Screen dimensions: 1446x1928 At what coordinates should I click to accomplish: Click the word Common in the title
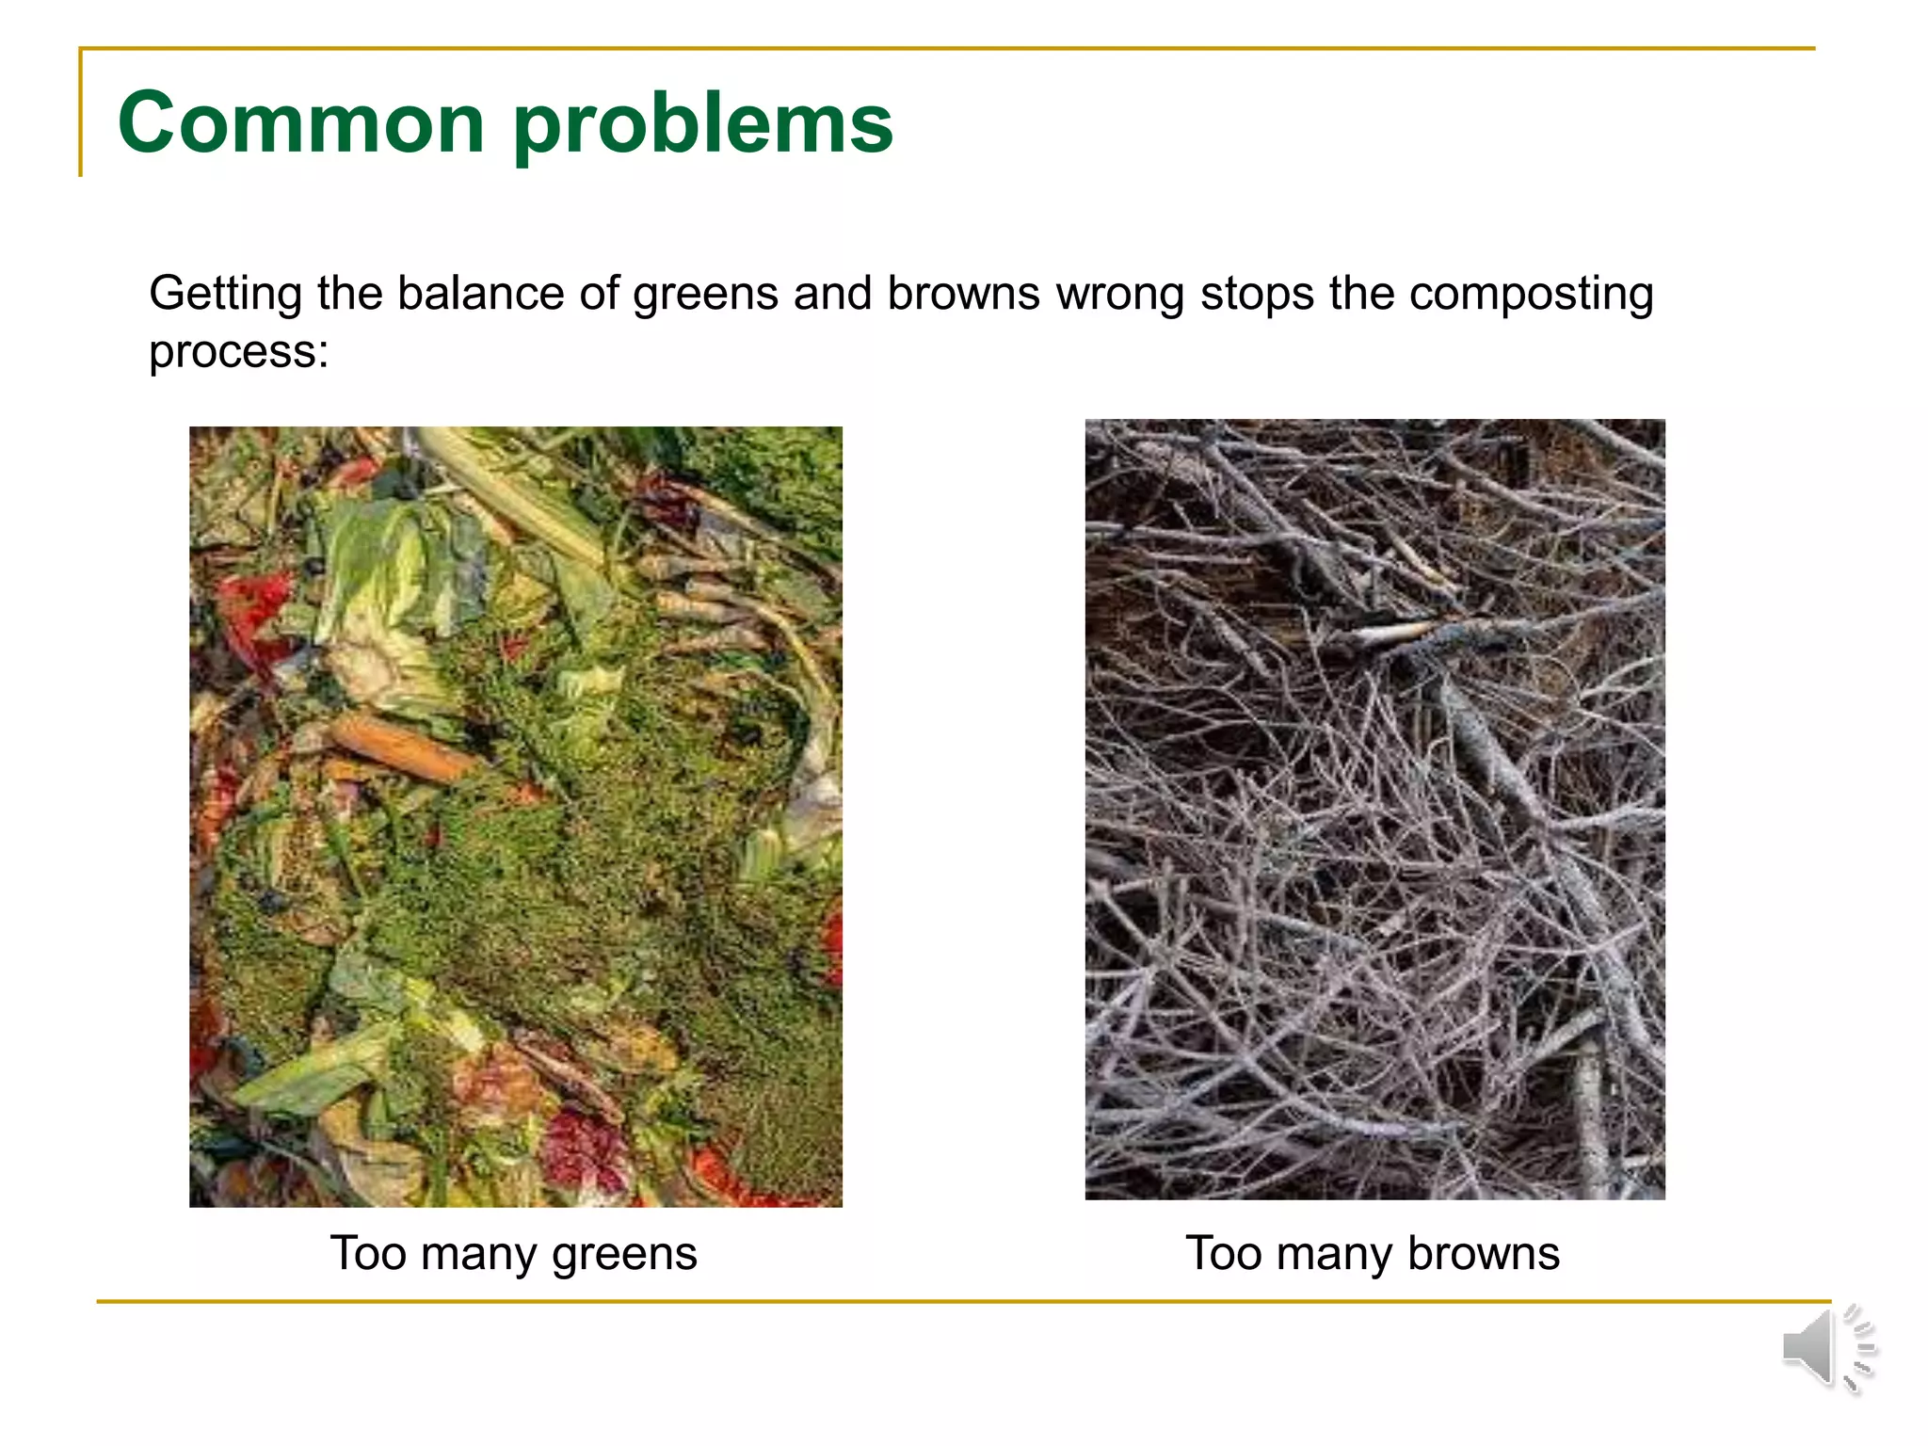click(300, 123)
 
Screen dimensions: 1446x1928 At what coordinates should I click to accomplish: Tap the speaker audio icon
click(1827, 1348)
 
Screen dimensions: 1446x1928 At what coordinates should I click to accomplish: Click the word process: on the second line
click(239, 353)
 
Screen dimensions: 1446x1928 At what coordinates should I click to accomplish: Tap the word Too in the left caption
click(368, 1253)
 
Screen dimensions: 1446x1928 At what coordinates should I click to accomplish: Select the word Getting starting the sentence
click(226, 295)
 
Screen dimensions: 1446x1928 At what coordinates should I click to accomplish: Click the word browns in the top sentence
click(963, 293)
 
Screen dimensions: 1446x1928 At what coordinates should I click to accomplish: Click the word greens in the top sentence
click(705, 295)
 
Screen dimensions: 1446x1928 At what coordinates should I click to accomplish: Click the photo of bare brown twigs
click(1374, 810)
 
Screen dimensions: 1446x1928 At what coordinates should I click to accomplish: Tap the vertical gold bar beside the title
click(81, 113)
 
